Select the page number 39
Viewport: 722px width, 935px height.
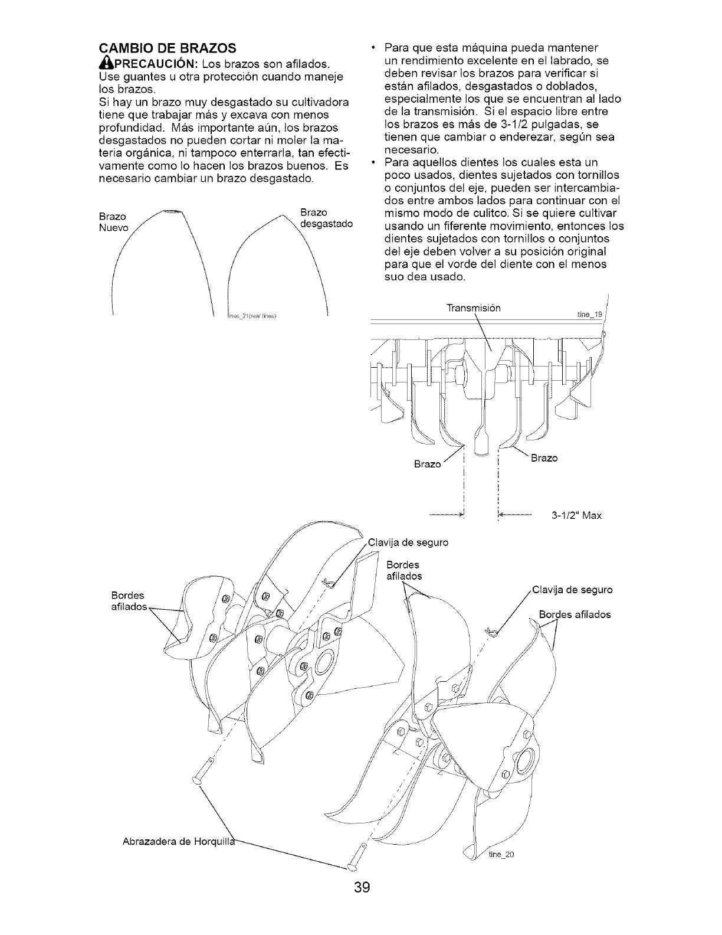[362, 904]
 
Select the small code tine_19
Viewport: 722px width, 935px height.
[588, 315]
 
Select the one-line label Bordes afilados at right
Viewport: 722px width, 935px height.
[575, 614]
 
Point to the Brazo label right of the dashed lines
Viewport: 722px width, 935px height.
[544, 458]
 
